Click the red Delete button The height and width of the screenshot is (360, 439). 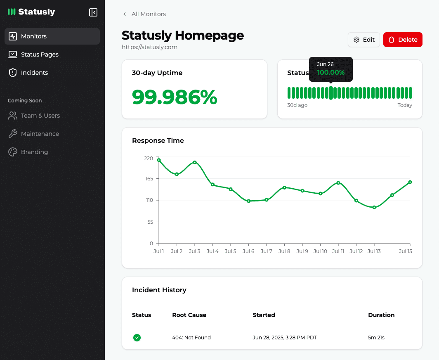pyautogui.click(x=403, y=40)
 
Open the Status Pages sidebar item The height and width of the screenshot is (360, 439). pyautogui.click(x=40, y=54)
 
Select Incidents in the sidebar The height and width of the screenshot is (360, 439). pyautogui.click(x=34, y=73)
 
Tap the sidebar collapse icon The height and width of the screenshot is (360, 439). pyautogui.click(x=93, y=12)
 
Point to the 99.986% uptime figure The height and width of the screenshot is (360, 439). pyautogui.click(x=175, y=97)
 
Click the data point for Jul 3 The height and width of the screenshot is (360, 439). pyautogui.click(x=195, y=162)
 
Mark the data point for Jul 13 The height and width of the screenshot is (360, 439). pyautogui.click(x=374, y=207)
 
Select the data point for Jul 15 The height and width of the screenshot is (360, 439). pyautogui.click(x=410, y=182)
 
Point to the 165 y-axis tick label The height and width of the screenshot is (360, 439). pyautogui.click(x=149, y=179)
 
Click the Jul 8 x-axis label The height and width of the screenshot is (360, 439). pyautogui.click(x=284, y=251)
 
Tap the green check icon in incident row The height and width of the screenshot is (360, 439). pyautogui.click(x=137, y=338)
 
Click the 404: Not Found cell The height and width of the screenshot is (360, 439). pyautogui.click(x=191, y=338)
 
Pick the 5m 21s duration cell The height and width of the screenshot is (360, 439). pyautogui.click(x=376, y=338)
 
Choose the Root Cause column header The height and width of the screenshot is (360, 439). pyautogui.click(x=189, y=315)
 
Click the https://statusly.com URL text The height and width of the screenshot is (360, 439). pyautogui.click(x=149, y=47)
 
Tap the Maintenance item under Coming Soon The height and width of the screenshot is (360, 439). pyautogui.click(x=40, y=134)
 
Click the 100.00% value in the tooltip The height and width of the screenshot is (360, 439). pyautogui.click(x=331, y=73)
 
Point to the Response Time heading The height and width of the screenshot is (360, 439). pyautogui.click(x=158, y=141)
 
